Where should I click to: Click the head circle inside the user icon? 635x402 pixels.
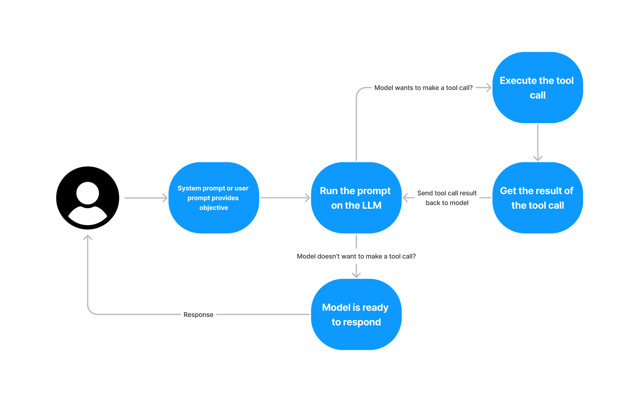[88, 193]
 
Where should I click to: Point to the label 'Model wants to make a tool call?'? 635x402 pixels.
[423, 88]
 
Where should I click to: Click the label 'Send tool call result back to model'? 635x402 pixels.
[447, 198]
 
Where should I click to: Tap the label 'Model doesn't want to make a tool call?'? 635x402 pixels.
[356, 256]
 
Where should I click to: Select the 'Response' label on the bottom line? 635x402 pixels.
[198, 315]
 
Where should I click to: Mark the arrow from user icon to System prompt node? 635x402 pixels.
[146, 198]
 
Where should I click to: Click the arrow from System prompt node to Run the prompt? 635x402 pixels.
[285, 198]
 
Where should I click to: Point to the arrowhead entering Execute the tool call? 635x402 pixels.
[488, 88]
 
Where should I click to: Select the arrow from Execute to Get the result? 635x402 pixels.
[538, 143]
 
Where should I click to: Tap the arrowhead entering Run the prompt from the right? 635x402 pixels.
[406, 198]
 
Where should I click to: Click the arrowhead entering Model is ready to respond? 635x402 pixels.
[356, 275]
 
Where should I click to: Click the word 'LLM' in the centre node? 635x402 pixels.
[371, 205]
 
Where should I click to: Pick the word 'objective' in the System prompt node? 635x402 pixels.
[214, 208]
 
